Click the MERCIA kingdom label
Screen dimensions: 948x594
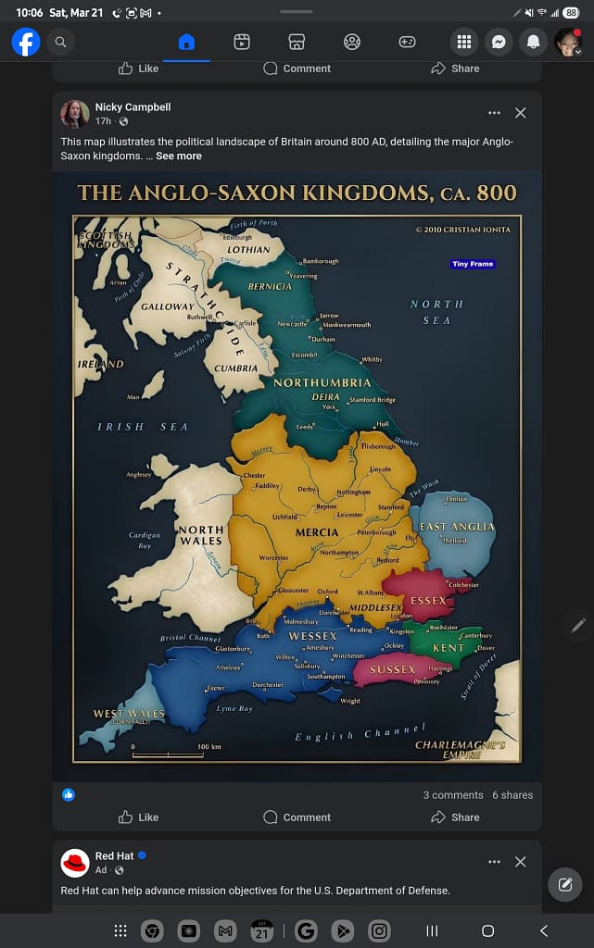[317, 532]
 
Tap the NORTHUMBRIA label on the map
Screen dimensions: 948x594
[322, 382]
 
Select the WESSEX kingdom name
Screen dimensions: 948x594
[312, 636]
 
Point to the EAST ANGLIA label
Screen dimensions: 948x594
[457, 526]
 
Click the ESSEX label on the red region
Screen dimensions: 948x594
[428, 600]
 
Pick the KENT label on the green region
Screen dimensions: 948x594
[449, 648]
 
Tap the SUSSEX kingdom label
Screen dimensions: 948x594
[393, 668]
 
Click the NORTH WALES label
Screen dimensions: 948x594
[201, 535]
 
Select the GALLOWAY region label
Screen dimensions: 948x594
[168, 306]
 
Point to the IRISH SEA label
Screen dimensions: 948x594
[143, 427]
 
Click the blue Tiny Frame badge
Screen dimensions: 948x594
[473, 264]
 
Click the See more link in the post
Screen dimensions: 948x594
[178, 156]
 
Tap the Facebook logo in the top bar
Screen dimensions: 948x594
[26, 42]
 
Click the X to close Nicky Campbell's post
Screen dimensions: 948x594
[520, 113]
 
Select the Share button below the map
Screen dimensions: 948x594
[455, 817]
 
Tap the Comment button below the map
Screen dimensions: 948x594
[297, 817]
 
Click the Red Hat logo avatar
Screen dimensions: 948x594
[75, 863]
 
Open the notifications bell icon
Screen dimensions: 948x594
[533, 42]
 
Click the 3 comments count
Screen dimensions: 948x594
[453, 795]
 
